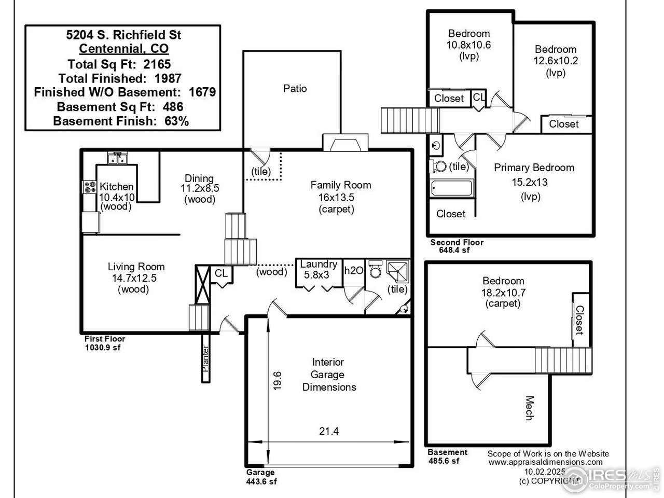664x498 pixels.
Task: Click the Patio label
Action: point(295,89)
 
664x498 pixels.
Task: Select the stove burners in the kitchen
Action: point(89,187)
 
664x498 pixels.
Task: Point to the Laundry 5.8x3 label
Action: point(319,270)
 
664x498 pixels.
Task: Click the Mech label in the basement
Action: point(529,408)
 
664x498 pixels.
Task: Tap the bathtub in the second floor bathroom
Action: point(451,188)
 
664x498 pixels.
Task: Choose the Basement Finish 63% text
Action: point(121,121)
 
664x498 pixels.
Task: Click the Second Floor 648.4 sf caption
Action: point(457,246)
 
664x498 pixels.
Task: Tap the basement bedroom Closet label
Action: point(579,319)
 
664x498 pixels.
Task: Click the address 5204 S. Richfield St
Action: point(123,35)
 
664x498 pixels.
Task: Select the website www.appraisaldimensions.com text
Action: point(546,462)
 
